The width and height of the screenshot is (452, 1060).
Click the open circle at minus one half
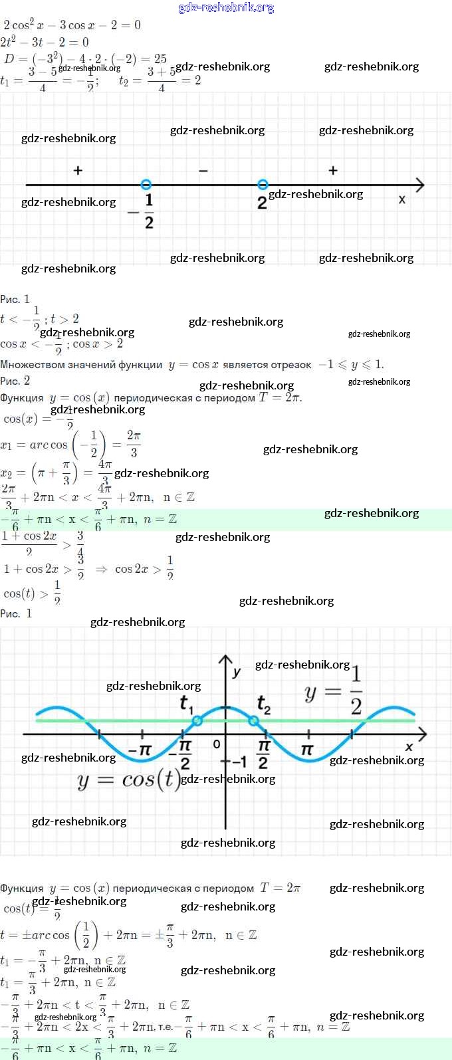[146, 185]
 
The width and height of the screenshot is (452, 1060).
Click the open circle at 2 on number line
[263, 184]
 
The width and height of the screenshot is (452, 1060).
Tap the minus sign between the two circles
[203, 171]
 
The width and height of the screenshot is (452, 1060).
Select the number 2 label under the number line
[262, 203]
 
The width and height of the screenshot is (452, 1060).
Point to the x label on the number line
[401, 199]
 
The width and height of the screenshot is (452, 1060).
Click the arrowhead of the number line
[419, 185]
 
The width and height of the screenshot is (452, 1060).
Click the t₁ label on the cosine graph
[186, 704]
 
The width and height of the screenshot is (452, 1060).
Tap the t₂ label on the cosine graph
[263, 704]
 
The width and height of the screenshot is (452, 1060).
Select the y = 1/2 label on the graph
[334, 691]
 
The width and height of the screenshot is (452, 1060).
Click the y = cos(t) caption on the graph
[129, 780]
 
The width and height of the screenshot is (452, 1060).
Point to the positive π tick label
[307, 750]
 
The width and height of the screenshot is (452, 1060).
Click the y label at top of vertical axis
[236, 673]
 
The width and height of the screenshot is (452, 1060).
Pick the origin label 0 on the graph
[217, 744]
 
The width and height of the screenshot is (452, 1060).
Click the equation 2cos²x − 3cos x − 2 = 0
[72, 25]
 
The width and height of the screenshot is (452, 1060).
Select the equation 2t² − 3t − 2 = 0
[45, 42]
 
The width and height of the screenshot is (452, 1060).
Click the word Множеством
[30, 365]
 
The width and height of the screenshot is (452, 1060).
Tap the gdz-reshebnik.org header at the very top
[226, 8]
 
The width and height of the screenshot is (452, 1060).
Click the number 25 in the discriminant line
[160, 58]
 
